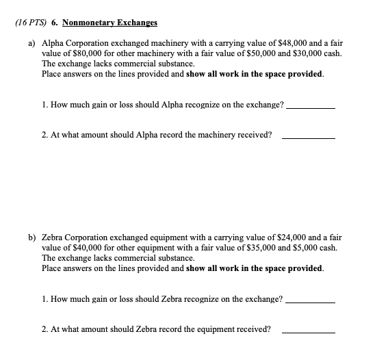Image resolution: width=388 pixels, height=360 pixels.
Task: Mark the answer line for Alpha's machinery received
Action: point(309,138)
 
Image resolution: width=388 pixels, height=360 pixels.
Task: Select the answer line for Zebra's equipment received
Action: point(309,332)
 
